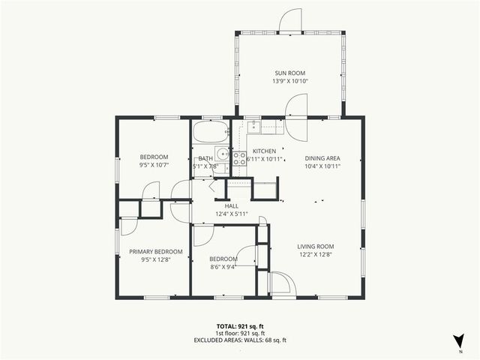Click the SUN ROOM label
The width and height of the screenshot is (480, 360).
click(x=289, y=72)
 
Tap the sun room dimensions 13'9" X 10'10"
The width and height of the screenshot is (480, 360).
click(x=289, y=80)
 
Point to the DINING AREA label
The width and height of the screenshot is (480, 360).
click(x=322, y=157)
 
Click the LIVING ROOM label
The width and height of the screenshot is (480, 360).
click(x=315, y=246)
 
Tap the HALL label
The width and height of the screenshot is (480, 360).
click(x=232, y=205)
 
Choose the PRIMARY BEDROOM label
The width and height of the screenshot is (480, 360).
click(x=156, y=252)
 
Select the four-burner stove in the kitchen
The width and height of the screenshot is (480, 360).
click(x=239, y=157)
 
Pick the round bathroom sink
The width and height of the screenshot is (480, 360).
click(x=222, y=155)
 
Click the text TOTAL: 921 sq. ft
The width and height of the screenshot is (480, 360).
click(x=239, y=325)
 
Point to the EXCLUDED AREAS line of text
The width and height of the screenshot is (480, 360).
click(x=239, y=340)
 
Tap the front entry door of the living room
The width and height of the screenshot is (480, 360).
click(x=280, y=285)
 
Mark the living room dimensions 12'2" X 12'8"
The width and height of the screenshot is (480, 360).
click(x=315, y=255)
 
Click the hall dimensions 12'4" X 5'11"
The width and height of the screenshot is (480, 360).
click(x=232, y=214)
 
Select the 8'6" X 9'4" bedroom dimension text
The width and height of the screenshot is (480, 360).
click(x=223, y=267)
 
